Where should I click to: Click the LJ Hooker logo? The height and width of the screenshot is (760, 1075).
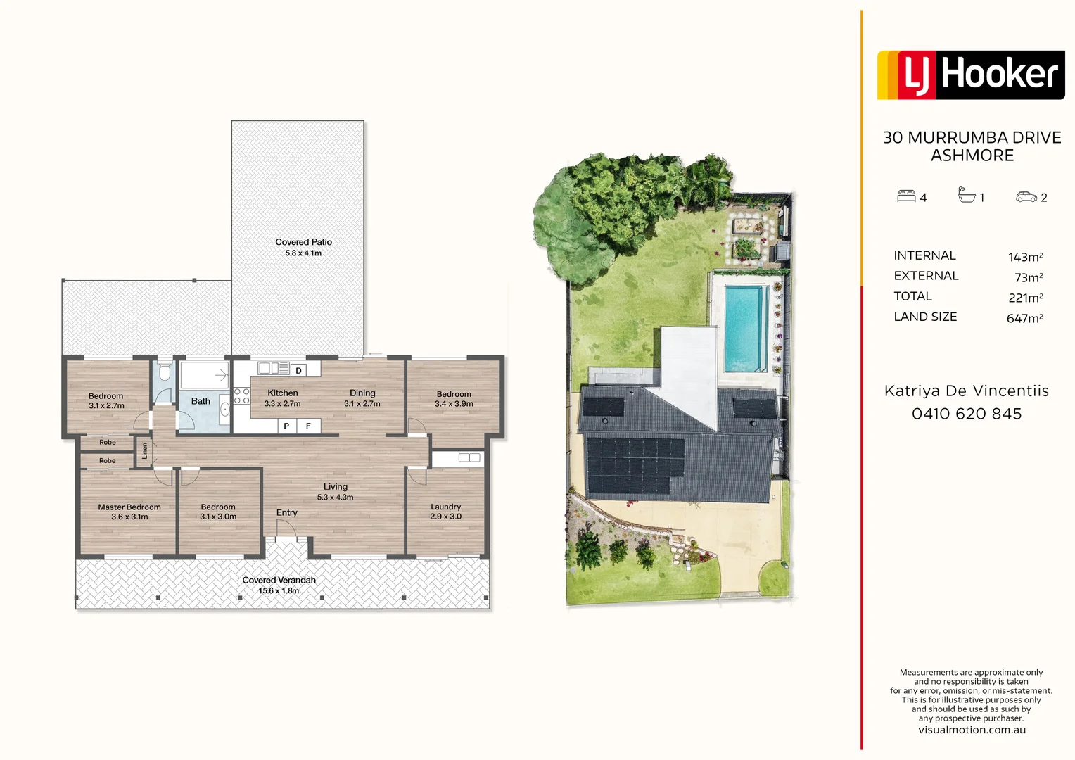point(970,75)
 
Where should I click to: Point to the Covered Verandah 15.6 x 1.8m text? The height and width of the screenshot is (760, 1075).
point(279,585)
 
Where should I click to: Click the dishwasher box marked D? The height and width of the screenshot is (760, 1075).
point(298,370)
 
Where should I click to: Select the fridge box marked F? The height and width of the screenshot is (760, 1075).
point(308,426)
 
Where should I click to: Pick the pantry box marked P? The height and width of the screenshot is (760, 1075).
point(286,426)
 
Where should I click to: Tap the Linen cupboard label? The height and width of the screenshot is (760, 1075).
point(145,451)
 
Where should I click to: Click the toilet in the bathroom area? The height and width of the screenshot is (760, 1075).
point(164,373)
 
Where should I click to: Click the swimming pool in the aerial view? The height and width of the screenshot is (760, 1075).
point(746,327)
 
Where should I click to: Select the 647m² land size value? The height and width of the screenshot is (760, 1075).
point(1024,318)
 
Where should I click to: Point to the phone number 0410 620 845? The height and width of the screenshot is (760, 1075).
point(966,414)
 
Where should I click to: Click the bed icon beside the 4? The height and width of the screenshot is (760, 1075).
point(906,196)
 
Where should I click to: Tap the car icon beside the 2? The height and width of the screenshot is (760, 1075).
point(1026,197)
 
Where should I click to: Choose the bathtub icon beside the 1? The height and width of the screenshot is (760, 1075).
point(967,195)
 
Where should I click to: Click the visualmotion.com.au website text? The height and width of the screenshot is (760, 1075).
point(972,730)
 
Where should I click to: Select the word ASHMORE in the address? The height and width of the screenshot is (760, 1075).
point(972,156)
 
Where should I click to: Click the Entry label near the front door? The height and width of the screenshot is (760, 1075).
point(286,512)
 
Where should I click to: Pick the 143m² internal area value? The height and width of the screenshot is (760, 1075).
point(1025,257)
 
